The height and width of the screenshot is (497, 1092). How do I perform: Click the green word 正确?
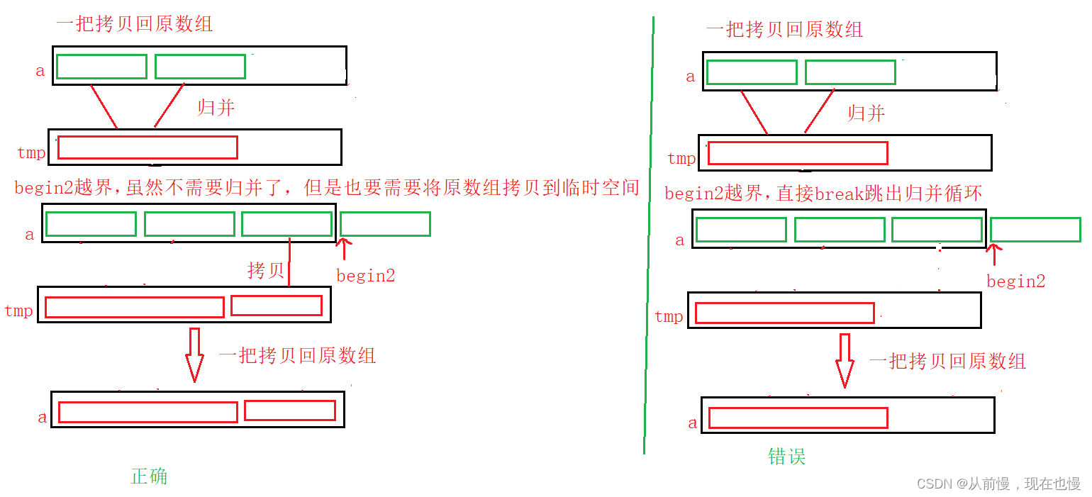click(x=149, y=476)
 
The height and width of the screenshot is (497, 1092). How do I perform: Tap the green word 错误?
click(x=787, y=456)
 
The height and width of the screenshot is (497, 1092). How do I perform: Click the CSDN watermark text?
click(x=998, y=484)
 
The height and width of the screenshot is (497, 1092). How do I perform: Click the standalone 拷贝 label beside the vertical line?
click(x=266, y=270)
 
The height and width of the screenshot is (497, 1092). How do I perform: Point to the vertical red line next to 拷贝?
click(x=290, y=262)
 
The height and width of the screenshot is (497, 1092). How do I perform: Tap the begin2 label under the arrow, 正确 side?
click(x=365, y=276)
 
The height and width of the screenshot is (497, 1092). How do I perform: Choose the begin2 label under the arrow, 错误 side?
click(x=1015, y=281)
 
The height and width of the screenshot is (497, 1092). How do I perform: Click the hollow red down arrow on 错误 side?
click(x=845, y=360)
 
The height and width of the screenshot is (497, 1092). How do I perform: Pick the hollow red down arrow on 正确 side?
click(x=194, y=354)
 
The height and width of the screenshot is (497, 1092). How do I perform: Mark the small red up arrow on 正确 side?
click(x=344, y=249)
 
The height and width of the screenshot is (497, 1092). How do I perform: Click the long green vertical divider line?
click(x=648, y=234)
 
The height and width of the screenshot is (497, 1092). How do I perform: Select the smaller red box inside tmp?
click(x=277, y=306)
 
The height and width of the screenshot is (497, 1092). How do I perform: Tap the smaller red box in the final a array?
click(x=290, y=411)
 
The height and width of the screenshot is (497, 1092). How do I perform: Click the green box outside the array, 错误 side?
click(x=1035, y=230)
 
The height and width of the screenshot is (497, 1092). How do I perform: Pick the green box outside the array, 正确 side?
click(x=385, y=224)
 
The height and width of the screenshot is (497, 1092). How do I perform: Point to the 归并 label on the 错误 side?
click(x=867, y=113)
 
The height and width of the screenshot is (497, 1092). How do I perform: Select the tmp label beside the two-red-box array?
click(x=18, y=311)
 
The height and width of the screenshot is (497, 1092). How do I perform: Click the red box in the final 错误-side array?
click(x=798, y=418)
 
